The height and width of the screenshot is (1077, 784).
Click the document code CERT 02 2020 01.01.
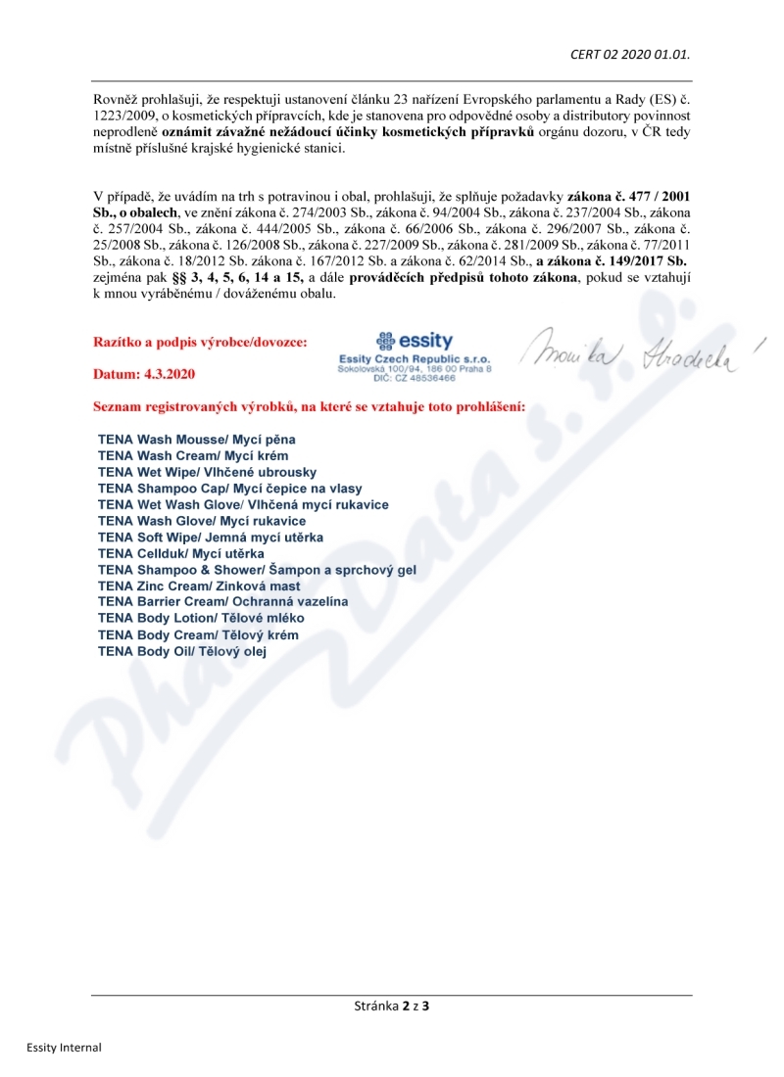[630, 54]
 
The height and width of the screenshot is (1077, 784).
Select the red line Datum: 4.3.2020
[144, 374]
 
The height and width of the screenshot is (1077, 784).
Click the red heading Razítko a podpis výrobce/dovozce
[200, 342]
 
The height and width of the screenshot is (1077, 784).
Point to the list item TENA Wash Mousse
[196, 440]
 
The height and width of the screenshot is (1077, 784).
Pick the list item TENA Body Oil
[181, 650]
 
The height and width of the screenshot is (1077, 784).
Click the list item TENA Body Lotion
[201, 618]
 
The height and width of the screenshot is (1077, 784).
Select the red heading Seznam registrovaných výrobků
[309, 405]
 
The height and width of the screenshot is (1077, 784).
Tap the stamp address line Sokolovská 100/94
[415, 369]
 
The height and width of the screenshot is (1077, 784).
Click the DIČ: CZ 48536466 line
[415, 378]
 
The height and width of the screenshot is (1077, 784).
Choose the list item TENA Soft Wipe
[211, 537]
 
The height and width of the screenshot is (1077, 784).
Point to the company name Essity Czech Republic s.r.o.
[415, 359]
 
